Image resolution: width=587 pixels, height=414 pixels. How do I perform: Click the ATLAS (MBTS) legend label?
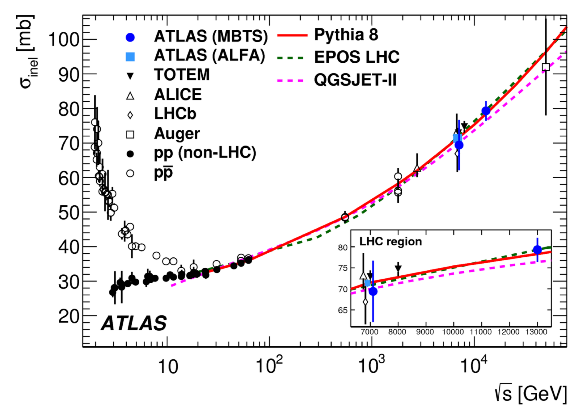point(211,36)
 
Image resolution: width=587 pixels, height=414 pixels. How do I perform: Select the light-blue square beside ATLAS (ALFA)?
point(130,57)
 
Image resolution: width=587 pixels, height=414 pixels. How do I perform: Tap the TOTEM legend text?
point(182,75)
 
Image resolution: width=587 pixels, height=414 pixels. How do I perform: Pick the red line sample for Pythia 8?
point(292,35)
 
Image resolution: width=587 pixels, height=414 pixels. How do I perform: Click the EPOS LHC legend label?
point(357,57)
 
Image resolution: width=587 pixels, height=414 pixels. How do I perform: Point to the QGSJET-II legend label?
point(355,80)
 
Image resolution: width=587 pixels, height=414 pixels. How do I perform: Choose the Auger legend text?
point(177,134)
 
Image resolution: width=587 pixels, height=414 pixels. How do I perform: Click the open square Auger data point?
point(546,67)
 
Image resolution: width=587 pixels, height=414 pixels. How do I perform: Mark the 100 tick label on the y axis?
point(64,40)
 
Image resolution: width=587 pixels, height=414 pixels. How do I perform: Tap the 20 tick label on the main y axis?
point(69,316)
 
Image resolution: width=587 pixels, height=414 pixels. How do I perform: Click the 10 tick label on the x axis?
point(168,367)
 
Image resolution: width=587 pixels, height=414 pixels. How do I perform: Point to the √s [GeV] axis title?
point(530,394)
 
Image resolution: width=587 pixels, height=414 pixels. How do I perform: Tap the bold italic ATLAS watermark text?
point(134,323)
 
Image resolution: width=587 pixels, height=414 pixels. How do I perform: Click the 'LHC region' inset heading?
point(391,242)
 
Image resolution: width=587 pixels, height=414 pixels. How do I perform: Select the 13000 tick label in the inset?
point(536,332)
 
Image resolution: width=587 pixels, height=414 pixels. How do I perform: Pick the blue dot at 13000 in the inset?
point(537,250)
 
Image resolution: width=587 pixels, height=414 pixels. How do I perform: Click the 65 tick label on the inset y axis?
point(343,310)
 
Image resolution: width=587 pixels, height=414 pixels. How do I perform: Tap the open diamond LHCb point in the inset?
point(365,302)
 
